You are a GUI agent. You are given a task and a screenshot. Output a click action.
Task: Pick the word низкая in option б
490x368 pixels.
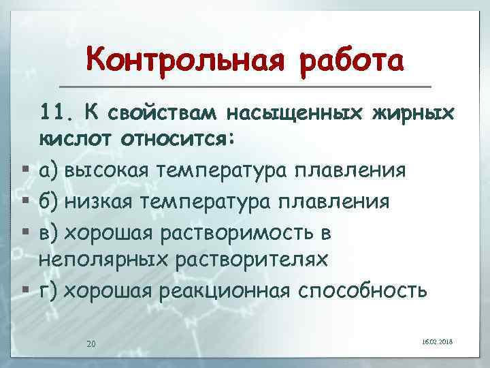104,202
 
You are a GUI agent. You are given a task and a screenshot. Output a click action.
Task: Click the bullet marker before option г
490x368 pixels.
25,290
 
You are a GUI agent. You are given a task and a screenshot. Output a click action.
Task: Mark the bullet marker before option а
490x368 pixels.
25,169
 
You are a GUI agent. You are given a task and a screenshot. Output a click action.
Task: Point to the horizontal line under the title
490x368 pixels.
245,87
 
